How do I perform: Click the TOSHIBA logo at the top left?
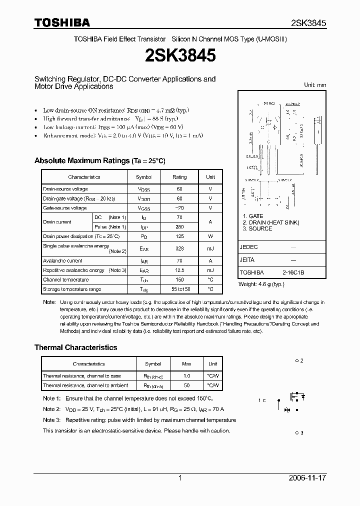click(62, 22)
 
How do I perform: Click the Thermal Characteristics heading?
click(75, 347)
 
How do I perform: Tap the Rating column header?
click(179, 177)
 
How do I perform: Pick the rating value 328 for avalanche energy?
click(179, 248)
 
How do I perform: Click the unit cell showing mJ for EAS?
click(210, 248)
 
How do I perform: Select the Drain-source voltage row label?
click(65, 189)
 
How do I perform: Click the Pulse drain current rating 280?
click(179, 227)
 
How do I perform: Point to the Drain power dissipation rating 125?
click(179, 236)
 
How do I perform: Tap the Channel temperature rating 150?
click(179, 279)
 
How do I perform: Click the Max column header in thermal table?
click(186, 363)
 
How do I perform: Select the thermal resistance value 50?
click(186, 385)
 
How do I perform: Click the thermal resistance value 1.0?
click(186, 375)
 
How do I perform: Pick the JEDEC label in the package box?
click(248, 247)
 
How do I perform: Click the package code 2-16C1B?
click(293, 273)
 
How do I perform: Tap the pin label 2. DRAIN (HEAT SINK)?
click(271, 222)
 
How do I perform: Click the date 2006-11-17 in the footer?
click(307, 478)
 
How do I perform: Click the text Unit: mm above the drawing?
click(315, 85)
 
